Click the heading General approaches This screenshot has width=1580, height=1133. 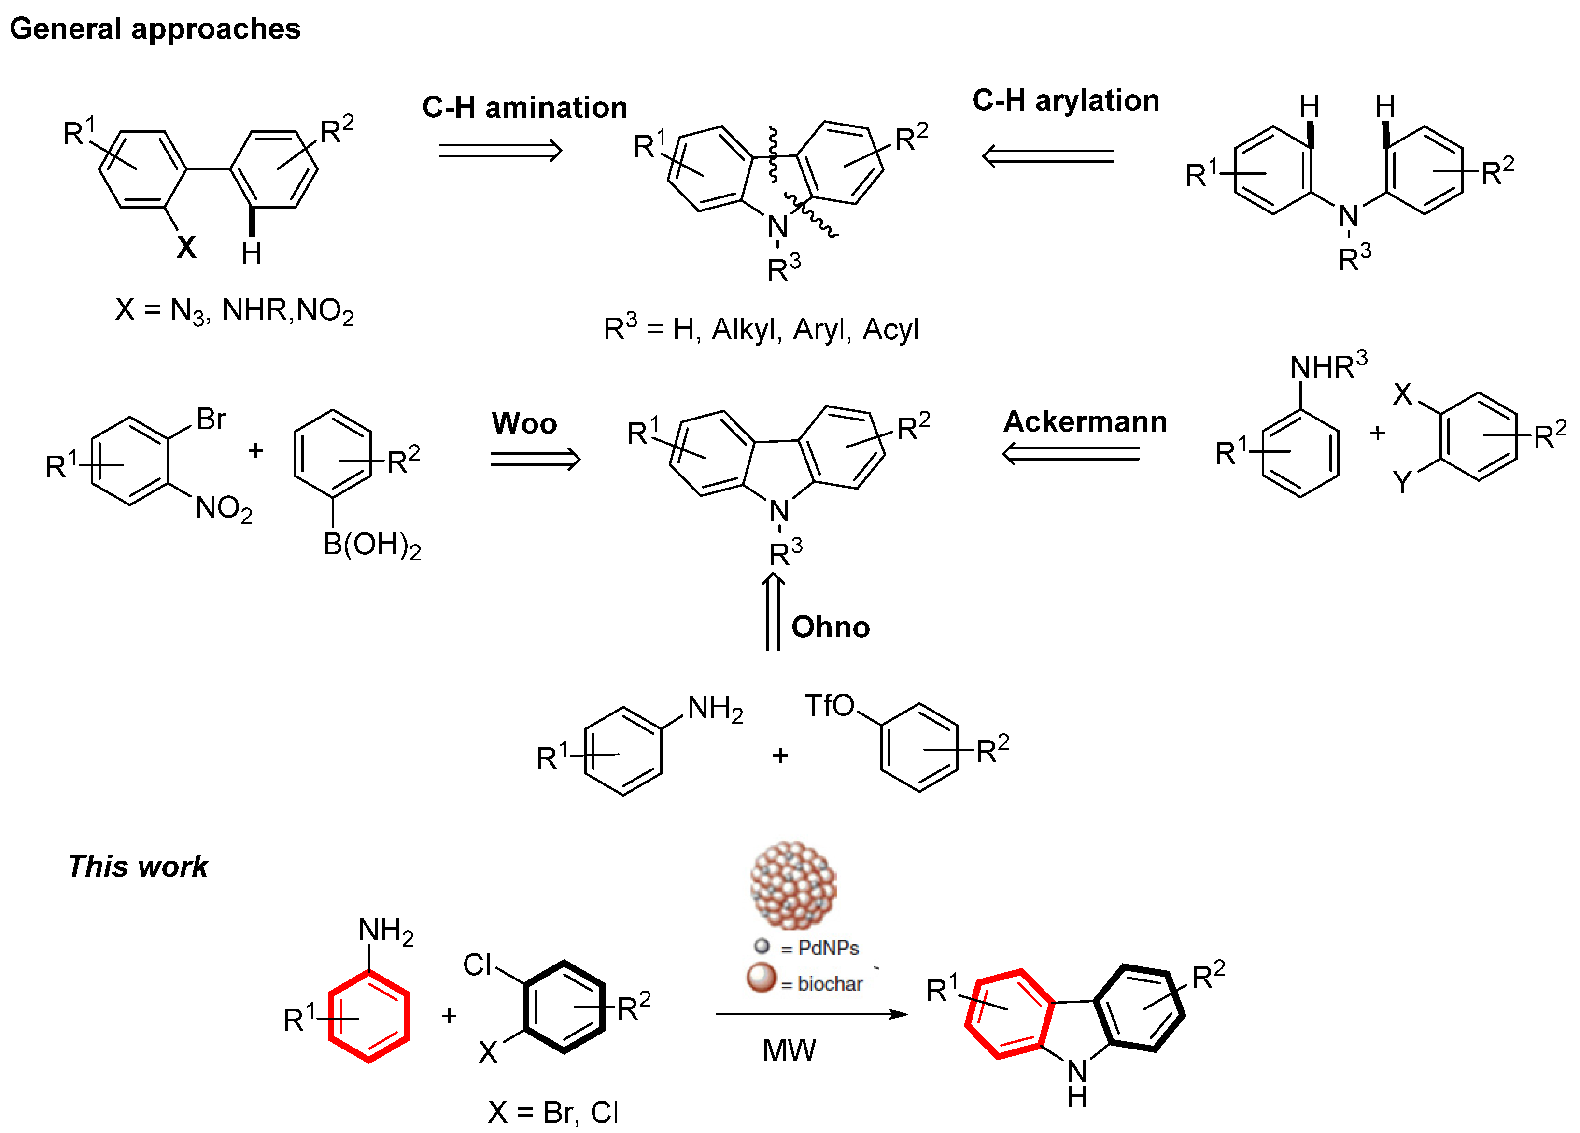tap(155, 28)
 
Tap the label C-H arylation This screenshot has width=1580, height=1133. tap(1065, 100)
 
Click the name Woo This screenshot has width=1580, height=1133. tap(524, 423)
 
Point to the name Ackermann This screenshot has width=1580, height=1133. tap(1085, 421)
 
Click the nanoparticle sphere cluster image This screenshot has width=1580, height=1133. tap(793, 886)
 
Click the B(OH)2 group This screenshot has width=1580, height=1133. tap(371, 546)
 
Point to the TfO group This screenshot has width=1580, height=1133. tap(829, 705)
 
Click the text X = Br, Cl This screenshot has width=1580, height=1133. tap(553, 1113)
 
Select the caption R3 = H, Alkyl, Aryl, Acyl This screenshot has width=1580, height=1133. tap(761, 329)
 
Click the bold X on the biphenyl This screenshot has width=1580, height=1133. tap(186, 247)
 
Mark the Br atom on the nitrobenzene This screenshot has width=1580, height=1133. tap(211, 419)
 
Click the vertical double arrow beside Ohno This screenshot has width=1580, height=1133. tap(773, 612)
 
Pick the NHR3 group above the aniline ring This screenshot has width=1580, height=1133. tap(1328, 367)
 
